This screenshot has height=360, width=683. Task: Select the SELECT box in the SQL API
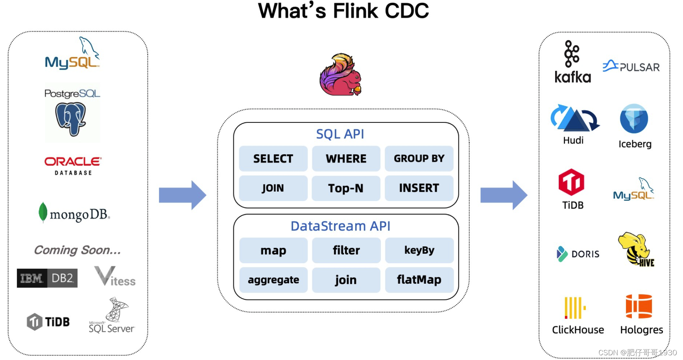pyautogui.click(x=273, y=159)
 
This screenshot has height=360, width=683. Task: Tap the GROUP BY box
pyautogui.click(x=419, y=159)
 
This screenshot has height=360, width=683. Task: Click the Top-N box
pyautogui.click(x=346, y=188)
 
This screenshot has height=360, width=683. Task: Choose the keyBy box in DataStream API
pyautogui.click(x=419, y=250)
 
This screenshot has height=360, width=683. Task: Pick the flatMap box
pyautogui.click(x=419, y=280)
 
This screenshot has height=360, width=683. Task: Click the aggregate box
pyautogui.click(x=273, y=280)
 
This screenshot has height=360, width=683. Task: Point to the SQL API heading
pyautogui.click(x=340, y=134)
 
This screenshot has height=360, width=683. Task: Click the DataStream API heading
pyautogui.click(x=340, y=226)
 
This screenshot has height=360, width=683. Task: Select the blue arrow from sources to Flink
pyautogui.click(x=182, y=195)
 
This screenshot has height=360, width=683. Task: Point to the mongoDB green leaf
pyautogui.click(x=43, y=212)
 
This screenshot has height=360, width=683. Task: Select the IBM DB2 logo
pyautogui.click(x=47, y=278)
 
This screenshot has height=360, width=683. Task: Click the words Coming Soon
pyautogui.click(x=77, y=250)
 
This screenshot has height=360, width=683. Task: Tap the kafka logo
pyautogui.click(x=572, y=63)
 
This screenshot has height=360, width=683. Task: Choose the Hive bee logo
pyautogui.click(x=636, y=249)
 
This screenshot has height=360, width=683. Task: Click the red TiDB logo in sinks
pyautogui.click(x=571, y=182)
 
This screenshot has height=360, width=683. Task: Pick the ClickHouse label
pyautogui.click(x=578, y=330)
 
